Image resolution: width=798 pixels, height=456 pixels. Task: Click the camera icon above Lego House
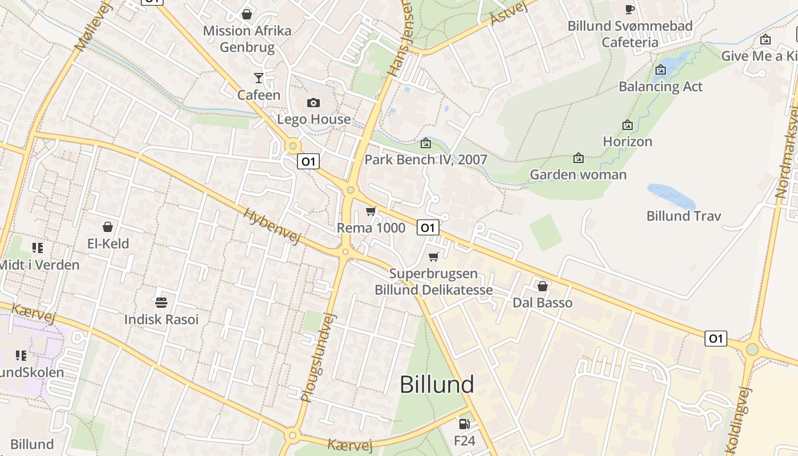[313, 103]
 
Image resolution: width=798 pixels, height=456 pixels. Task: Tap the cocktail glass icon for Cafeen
[259, 78]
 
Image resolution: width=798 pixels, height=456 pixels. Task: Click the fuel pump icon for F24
[465, 424]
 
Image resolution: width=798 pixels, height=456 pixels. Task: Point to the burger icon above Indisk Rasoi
[161, 302]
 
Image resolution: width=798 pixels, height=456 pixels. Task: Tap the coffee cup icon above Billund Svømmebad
[629, 9]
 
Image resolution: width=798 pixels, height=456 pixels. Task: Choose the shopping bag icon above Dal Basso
[543, 286]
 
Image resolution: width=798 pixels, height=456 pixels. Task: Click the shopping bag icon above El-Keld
[108, 227]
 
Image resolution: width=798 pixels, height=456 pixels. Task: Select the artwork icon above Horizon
[628, 125]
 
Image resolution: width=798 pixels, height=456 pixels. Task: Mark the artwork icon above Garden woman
[579, 158]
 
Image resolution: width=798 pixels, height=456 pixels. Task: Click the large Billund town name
[437, 385]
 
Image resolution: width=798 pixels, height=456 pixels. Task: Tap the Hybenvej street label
[272, 226]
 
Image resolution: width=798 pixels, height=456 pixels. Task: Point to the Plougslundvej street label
[316, 357]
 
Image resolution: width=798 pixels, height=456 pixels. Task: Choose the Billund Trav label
[683, 216]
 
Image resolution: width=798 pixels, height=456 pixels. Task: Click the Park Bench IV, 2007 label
[426, 160]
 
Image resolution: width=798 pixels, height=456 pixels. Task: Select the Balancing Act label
[661, 87]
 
